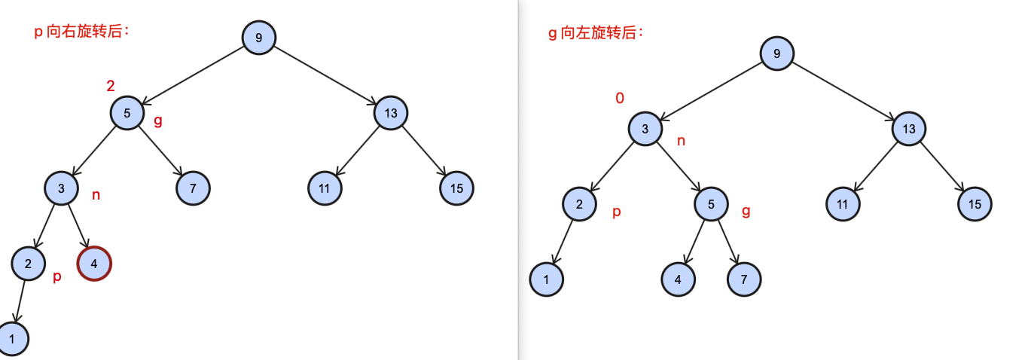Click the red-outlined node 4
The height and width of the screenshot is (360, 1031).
point(94,264)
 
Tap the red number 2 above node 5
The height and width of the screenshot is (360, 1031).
point(111,86)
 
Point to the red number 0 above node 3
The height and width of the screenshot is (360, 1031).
point(620,99)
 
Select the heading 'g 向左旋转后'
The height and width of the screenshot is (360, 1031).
point(596,33)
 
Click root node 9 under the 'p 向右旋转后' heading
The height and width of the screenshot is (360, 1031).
point(259,37)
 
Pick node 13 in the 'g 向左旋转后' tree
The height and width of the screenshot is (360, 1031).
point(909,129)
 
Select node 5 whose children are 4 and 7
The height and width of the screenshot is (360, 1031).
point(711,203)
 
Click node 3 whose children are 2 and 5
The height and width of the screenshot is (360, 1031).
point(645,129)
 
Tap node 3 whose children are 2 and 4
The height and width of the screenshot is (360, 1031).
point(62,188)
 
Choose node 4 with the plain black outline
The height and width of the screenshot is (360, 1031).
point(679,279)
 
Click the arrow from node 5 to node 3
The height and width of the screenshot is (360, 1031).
point(95,151)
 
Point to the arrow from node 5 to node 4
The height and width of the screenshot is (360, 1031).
point(695,242)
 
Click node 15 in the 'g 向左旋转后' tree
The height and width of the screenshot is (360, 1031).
point(975,204)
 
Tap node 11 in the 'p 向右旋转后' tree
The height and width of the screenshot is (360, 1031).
point(325,188)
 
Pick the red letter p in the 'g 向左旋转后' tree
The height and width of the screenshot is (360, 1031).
point(616,212)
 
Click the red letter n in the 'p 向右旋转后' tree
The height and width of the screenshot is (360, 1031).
point(96,196)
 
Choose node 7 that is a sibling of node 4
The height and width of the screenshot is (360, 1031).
point(744,279)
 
